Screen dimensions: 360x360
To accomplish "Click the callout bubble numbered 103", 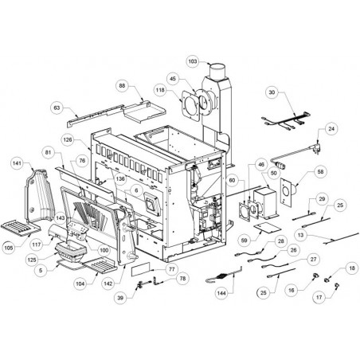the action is pos(193,61).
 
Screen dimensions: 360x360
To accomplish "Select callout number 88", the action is pos(122,86).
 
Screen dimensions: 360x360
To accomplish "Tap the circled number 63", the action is pos(57,108).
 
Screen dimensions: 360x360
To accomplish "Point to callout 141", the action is pos(17,163).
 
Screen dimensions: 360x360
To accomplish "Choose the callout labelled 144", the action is pos(221,293).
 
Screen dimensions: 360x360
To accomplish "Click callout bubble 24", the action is pos(331,129).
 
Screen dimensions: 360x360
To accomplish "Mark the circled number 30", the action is pos(272,92).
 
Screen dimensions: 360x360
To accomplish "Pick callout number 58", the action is pos(321,172).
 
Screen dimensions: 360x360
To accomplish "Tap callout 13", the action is pos(300,235).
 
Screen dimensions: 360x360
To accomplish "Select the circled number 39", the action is pos(120,298).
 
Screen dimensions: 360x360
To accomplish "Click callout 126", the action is pos(68,139).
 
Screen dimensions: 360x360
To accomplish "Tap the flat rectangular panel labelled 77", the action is pos(141,269).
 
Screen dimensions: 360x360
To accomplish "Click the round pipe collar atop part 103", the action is pos(218,69).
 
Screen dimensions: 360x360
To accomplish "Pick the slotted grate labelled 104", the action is pos(100,264).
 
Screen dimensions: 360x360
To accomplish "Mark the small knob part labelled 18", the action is pos(327,280).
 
